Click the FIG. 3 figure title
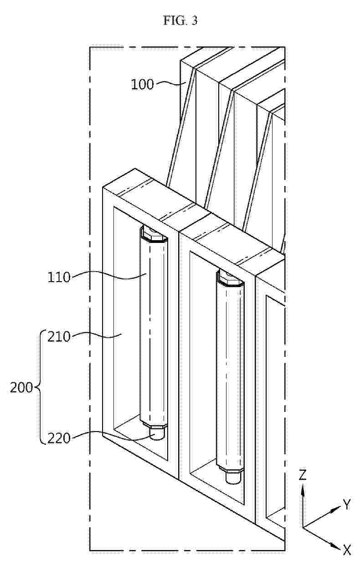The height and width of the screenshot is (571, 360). click(180, 21)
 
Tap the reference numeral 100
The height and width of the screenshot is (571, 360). click(143, 84)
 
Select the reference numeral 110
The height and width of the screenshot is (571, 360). click(59, 278)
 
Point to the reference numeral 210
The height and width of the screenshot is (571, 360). click(59, 337)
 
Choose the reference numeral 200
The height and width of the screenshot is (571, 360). click(21, 388)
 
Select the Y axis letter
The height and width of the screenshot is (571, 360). click(347, 504)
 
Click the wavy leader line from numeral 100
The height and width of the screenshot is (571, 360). click(170, 83)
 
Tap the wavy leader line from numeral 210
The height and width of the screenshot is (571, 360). click(96, 335)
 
